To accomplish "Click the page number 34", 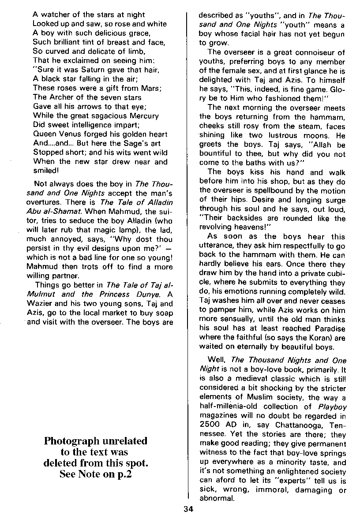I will [x=188, y=509].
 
